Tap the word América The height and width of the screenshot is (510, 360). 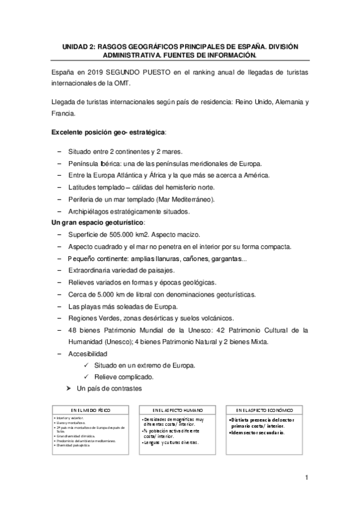[254, 175]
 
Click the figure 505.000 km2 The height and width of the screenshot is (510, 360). [129, 235]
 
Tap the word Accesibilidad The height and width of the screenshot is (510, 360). [88, 353]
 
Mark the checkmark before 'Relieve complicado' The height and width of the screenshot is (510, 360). [87, 377]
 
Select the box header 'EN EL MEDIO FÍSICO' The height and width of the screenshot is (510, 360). [91, 409]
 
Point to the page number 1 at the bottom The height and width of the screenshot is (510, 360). [307, 478]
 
